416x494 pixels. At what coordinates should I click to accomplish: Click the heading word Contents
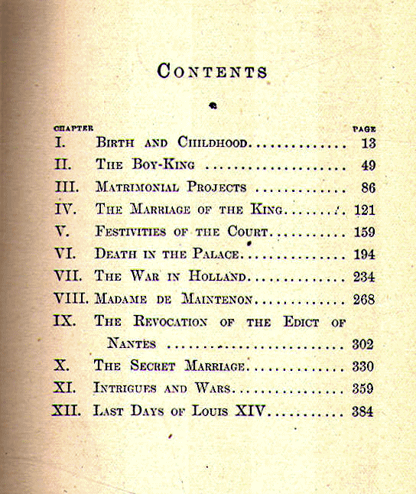click(212, 71)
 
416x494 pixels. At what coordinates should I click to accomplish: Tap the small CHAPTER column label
click(73, 129)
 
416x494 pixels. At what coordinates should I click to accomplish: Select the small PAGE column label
click(364, 129)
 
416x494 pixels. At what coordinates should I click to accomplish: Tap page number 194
click(362, 253)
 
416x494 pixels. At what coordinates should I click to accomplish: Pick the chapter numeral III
click(67, 187)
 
